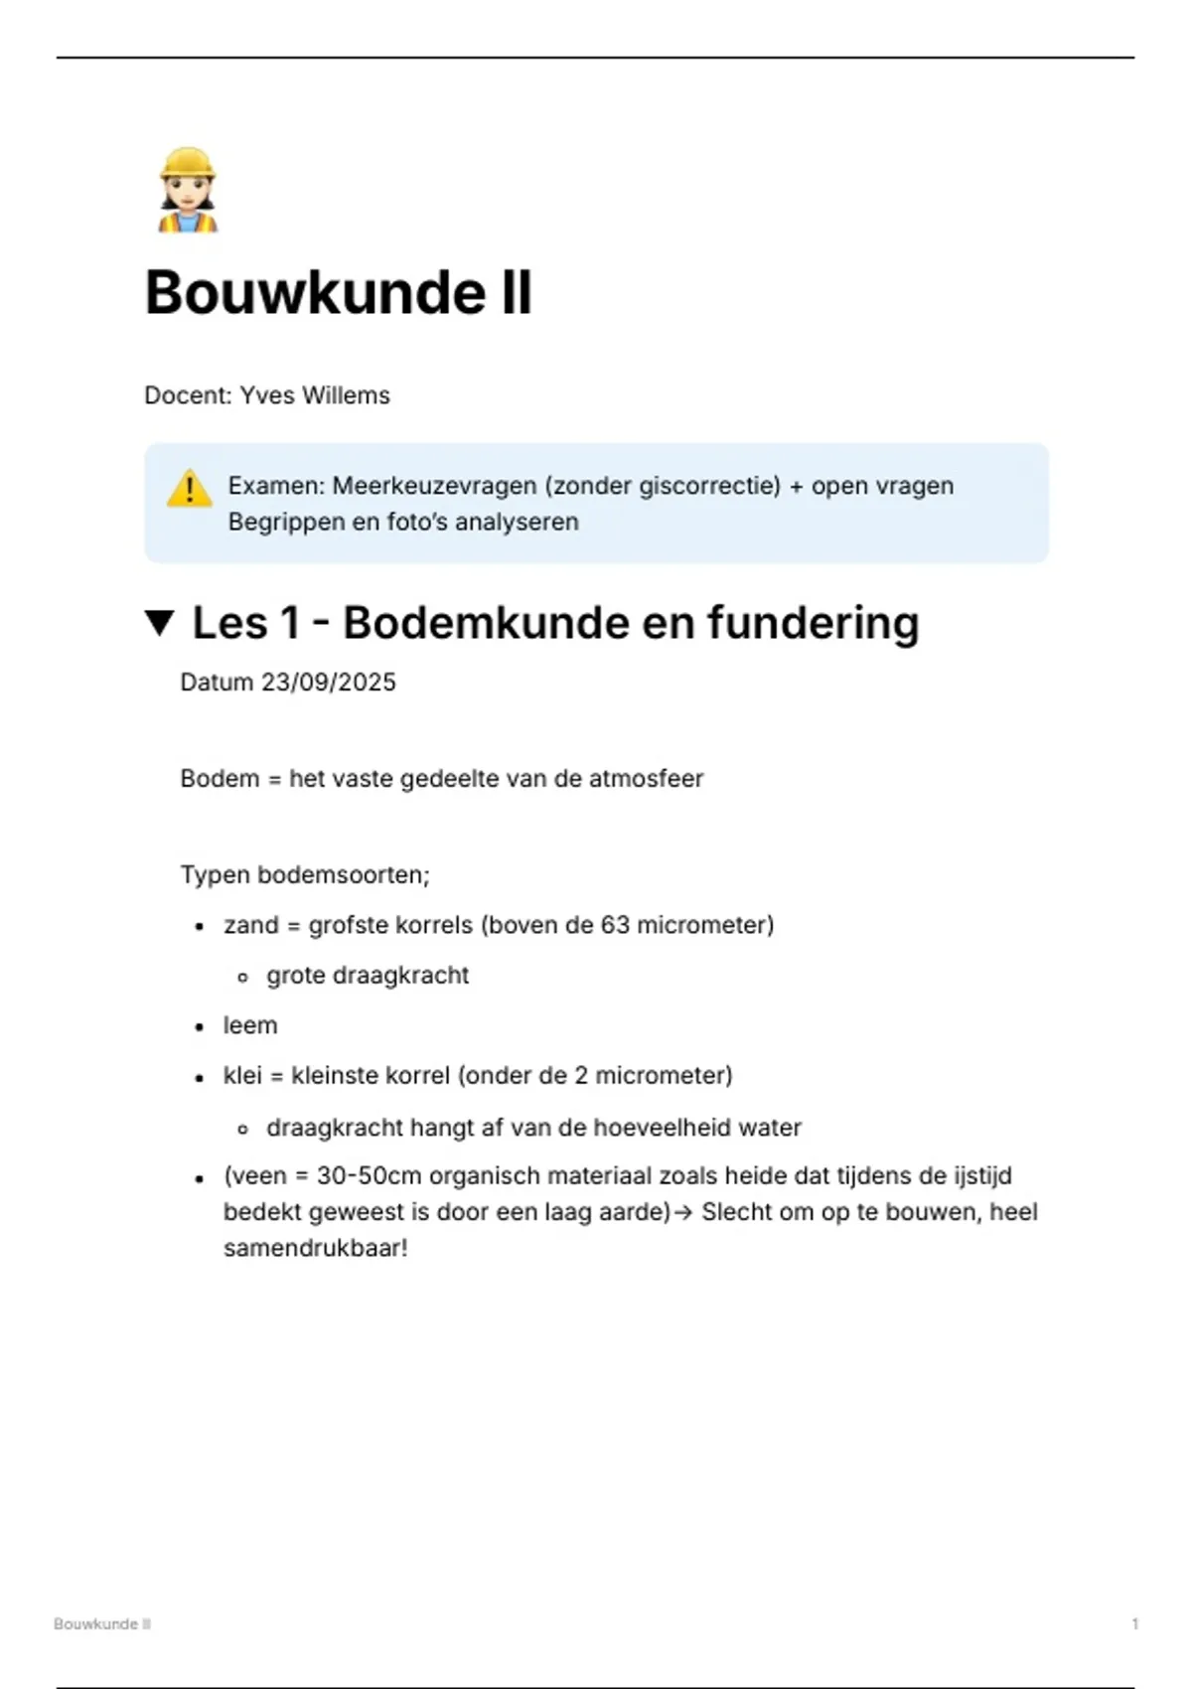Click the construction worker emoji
187,191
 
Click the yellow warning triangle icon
189,489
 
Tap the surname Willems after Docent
346,395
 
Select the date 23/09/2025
328,683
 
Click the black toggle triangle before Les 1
159,624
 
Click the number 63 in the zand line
615,925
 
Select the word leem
250,1025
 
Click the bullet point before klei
201,1077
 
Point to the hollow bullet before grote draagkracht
242,978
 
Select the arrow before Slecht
683,1213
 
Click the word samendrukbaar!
316,1249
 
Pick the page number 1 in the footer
1134,1623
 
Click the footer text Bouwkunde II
102,1623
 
